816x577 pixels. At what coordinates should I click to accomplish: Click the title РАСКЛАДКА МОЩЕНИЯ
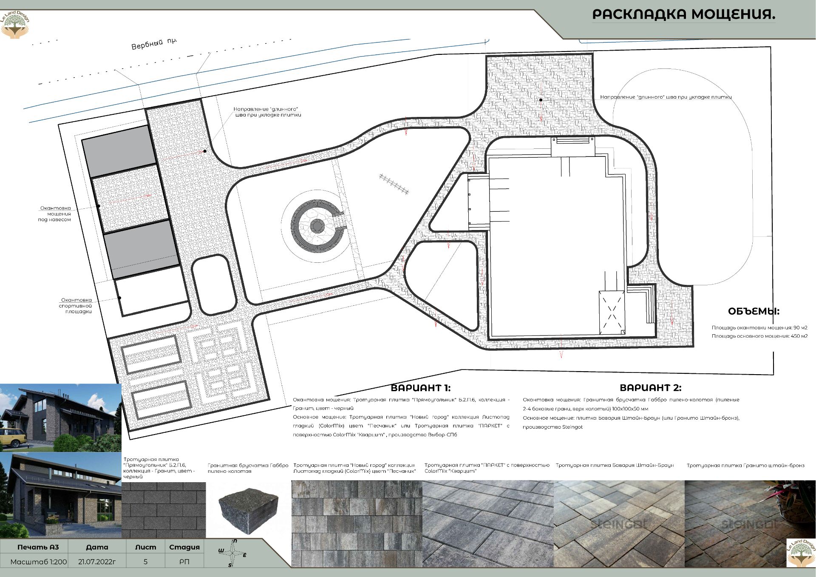pos(683,14)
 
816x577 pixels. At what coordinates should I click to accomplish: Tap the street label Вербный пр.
pos(154,43)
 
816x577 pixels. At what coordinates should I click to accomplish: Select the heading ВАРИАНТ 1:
pos(420,388)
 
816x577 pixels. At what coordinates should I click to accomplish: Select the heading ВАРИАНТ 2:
pos(650,388)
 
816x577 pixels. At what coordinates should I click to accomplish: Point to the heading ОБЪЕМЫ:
pos(754,311)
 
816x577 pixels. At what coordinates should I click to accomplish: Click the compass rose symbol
pos(232,553)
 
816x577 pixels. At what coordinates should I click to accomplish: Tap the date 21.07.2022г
pos(97,562)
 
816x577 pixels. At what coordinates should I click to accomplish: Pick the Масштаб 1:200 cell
pos(39,562)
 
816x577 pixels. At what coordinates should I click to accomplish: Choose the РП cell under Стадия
pos(184,562)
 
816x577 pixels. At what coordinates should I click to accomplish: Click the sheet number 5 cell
pos(145,562)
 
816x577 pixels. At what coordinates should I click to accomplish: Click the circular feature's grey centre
pos(317,226)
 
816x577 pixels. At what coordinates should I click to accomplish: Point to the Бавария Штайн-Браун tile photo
pos(619,523)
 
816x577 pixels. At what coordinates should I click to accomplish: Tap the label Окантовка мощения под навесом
pos(55,214)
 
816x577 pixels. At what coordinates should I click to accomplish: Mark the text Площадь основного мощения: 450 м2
pos(759,336)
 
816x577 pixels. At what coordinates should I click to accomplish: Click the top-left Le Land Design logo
pos(16,25)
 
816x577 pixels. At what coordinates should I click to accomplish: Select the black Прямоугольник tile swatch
pos(164,510)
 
